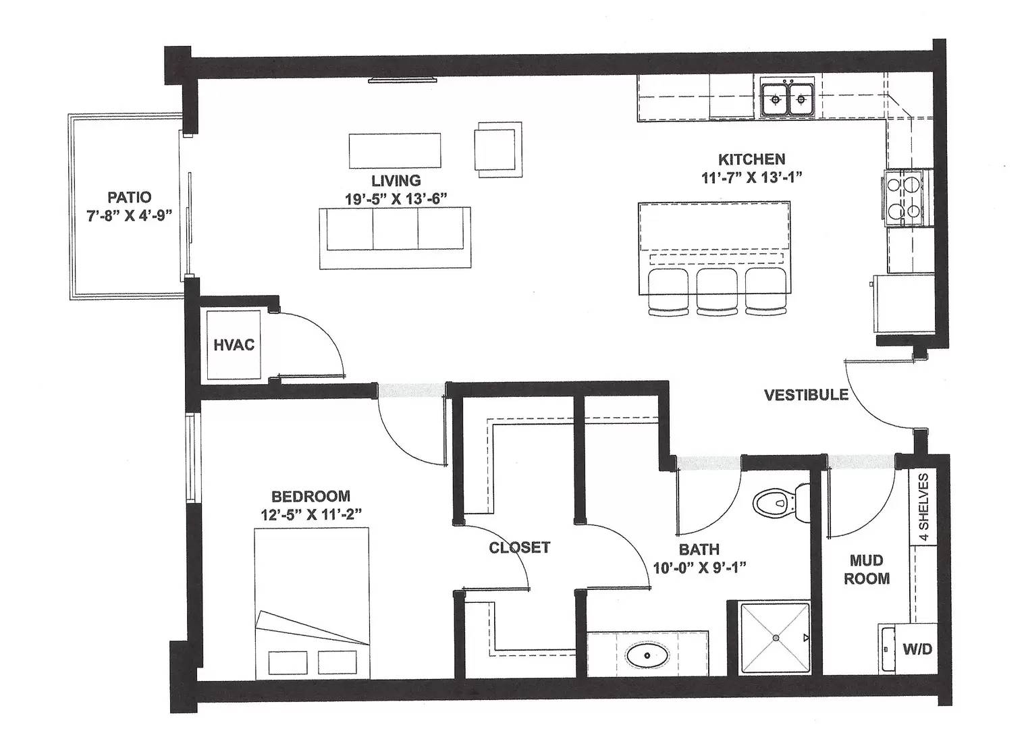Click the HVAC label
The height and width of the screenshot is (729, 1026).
[234, 345]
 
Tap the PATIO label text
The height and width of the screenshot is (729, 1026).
[129, 197]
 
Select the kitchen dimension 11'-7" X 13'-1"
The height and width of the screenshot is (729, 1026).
[752, 178]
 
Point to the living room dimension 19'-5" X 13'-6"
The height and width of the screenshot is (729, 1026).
[396, 199]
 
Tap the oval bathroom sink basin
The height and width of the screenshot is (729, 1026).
[647, 655]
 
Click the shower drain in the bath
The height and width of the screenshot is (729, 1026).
[776, 638]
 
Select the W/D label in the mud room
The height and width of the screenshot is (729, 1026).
[917, 649]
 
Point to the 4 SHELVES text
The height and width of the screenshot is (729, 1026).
[923, 507]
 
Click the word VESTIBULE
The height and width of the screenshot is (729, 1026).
[806, 395]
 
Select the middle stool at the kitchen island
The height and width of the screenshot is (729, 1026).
[718, 291]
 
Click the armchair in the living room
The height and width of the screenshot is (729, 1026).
[498, 149]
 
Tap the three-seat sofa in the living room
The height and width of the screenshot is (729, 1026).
[395, 238]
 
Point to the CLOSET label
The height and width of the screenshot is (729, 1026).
[520, 547]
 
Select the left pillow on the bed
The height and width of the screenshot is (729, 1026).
[288, 663]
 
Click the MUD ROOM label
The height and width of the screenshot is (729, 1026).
[867, 569]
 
